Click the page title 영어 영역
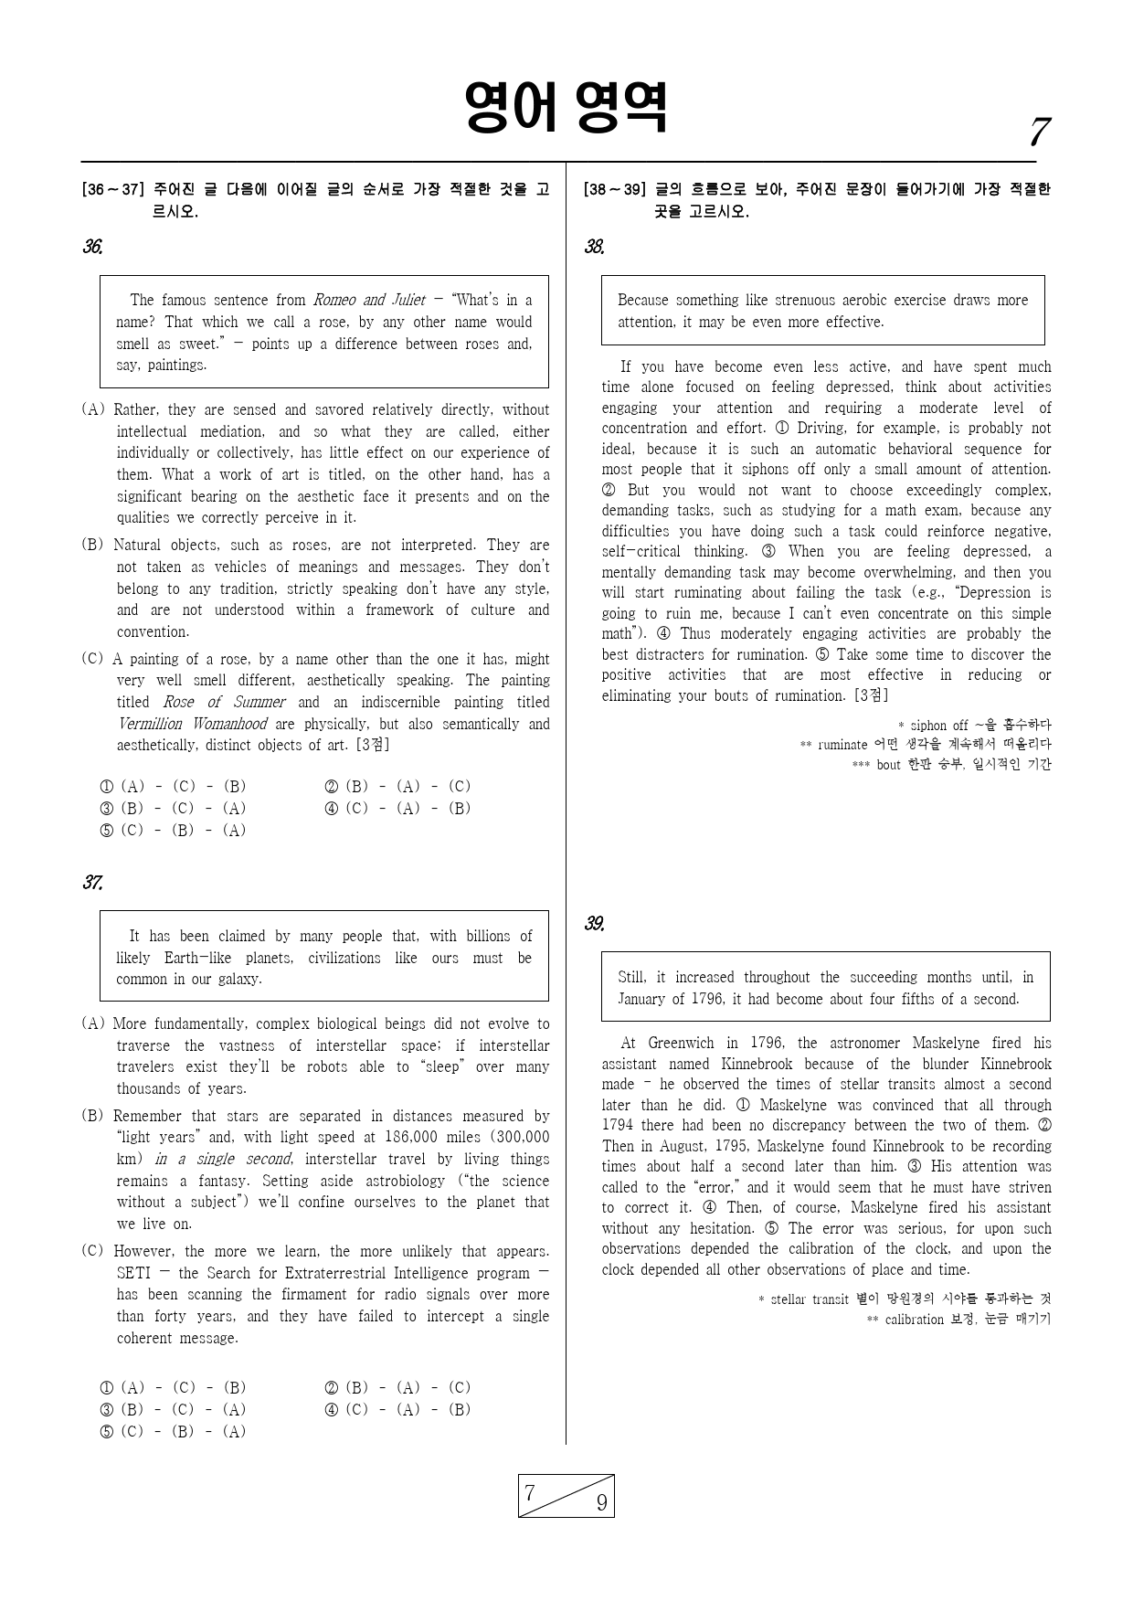point(566,108)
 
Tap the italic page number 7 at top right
point(1037,133)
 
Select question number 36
point(92,247)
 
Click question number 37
point(92,883)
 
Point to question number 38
point(594,247)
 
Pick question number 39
point(594,924)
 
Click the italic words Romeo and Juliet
point(369,300)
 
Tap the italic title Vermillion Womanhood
point(193,724)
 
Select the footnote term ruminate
point(842,745)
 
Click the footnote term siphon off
point(938,726)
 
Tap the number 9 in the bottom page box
point(601,1503)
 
